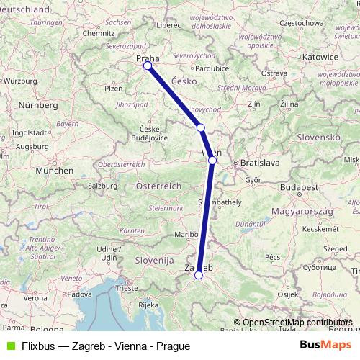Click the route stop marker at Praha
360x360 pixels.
tap(148, 66)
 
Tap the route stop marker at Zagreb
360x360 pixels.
tap(199, 274)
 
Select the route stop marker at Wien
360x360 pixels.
tap(212, 161)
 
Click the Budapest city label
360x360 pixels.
tap(298, 187)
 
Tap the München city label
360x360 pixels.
tap(54, 171)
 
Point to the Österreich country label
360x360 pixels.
tap(158, 186)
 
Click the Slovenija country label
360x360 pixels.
tap(154, 259)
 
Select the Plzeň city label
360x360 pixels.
tap(113, 89)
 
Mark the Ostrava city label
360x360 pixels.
tap(274, 73)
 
